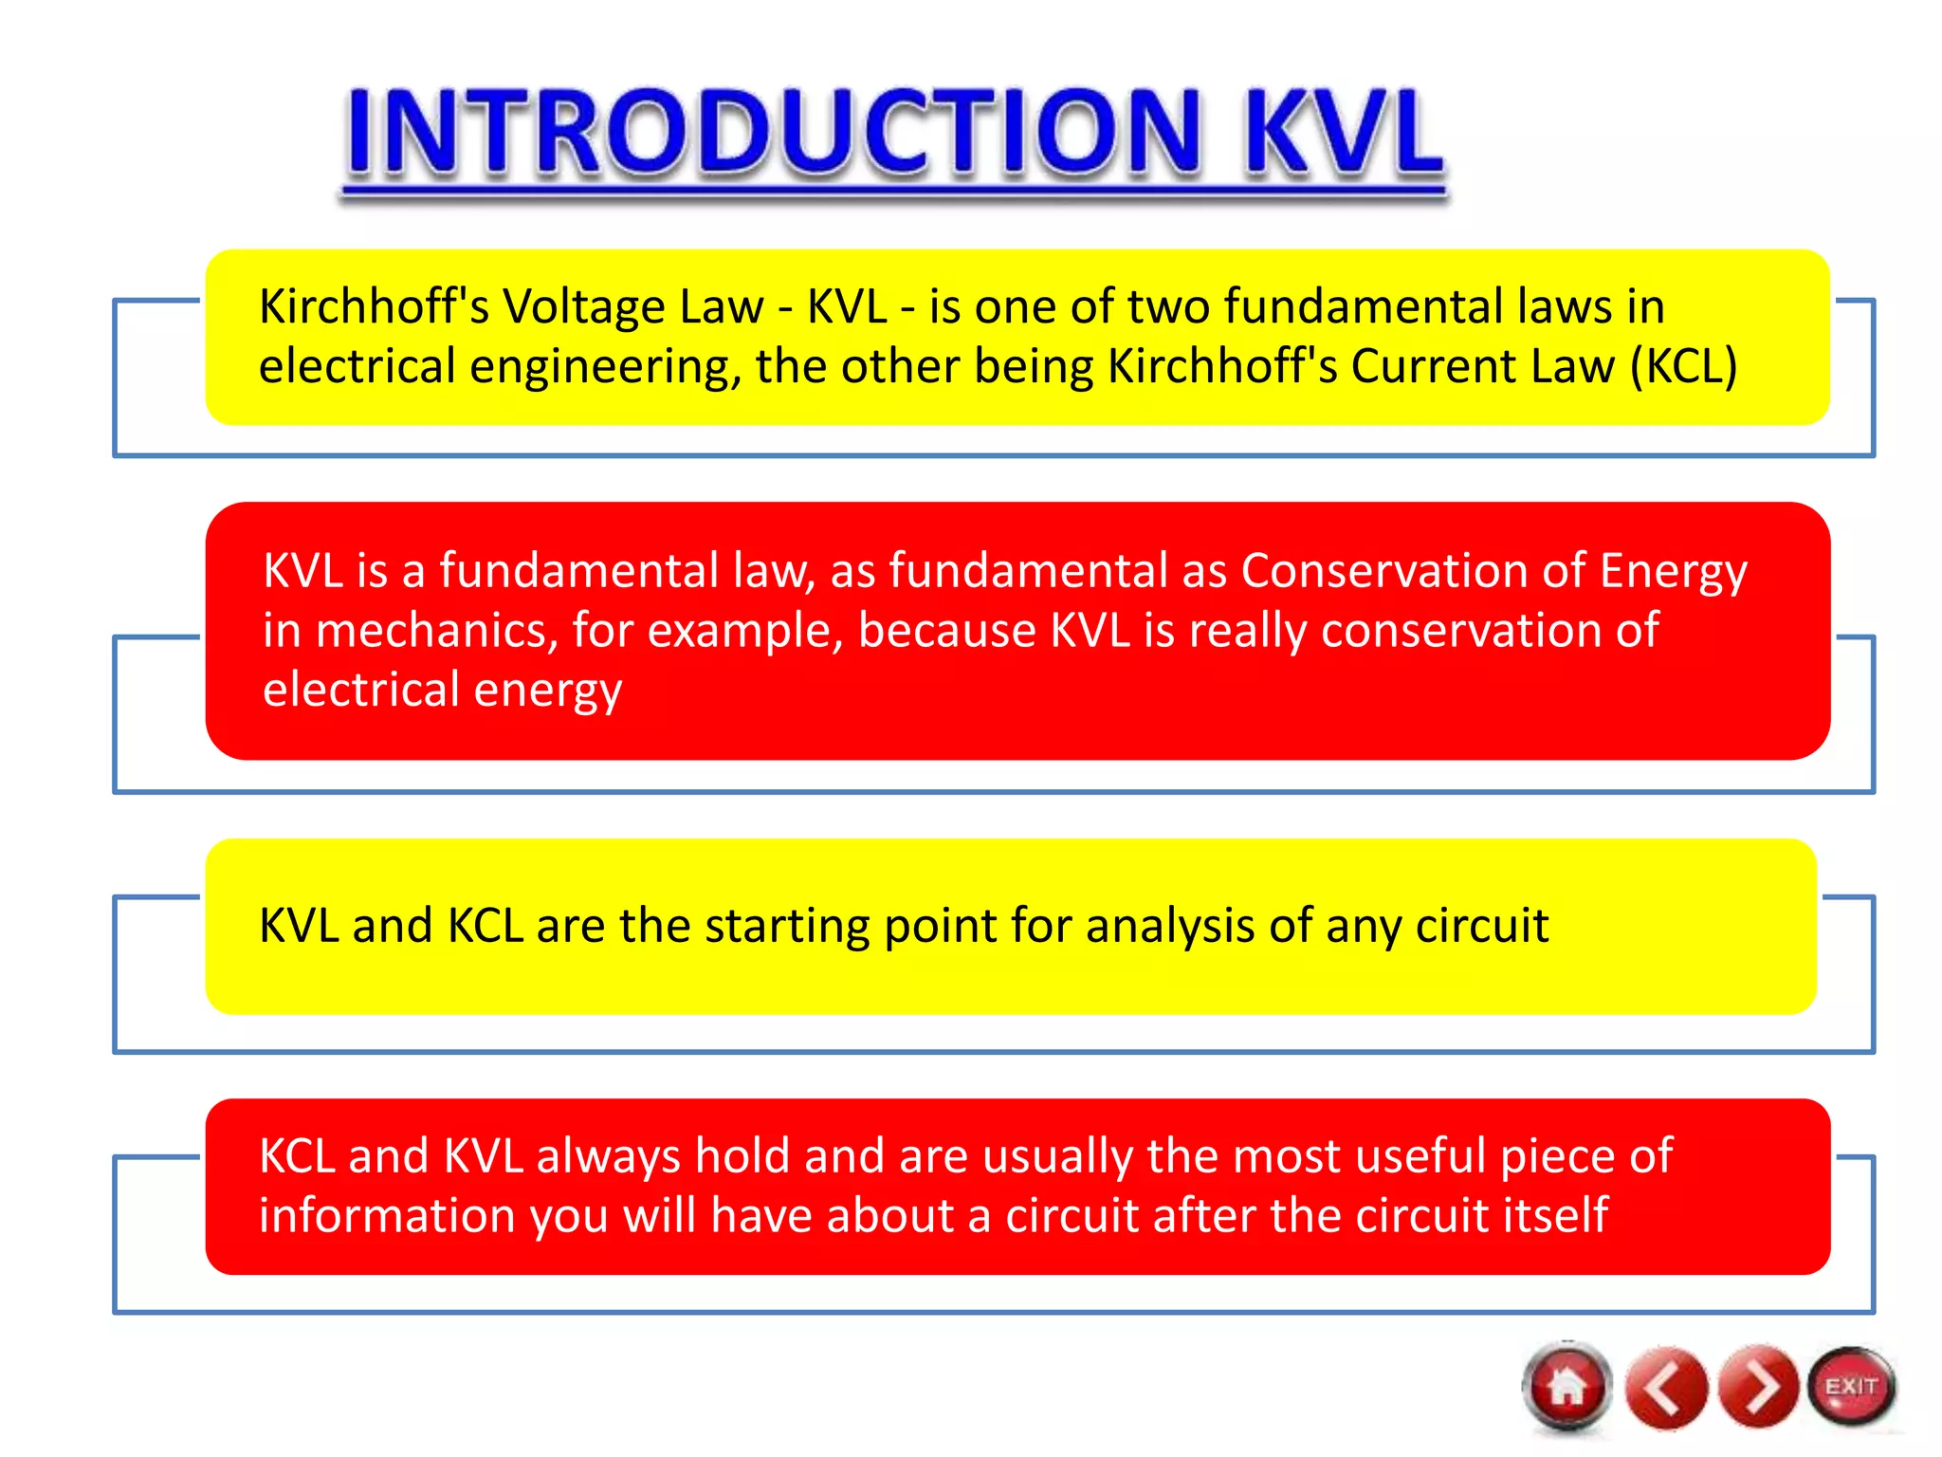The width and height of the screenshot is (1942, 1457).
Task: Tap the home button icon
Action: tap(1567, 1388)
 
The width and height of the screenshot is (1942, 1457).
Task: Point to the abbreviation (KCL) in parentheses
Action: tap(1683, 366)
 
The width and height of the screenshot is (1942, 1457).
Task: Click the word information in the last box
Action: tap(386, 1216)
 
